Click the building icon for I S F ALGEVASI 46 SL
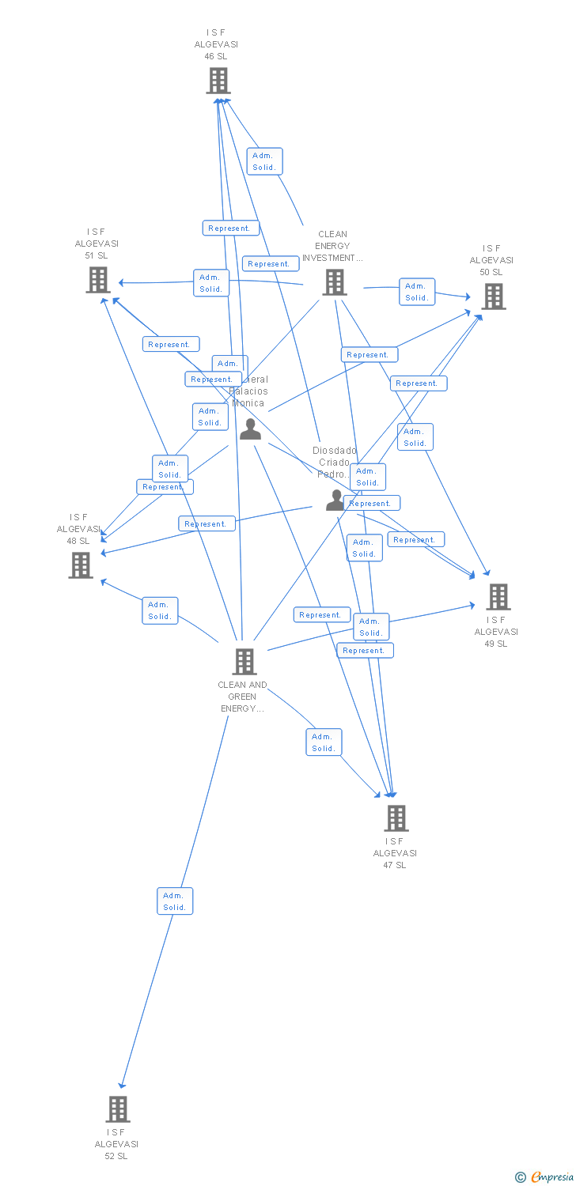pos(218,81)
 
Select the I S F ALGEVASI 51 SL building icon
pos(98,280)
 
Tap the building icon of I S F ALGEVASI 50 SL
pos(494,296)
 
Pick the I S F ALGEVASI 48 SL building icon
pos(81,565)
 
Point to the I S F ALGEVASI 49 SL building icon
pos(498,597)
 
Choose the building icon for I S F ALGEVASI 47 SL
pos(396,818)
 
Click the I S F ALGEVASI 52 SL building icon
pos(118,1109)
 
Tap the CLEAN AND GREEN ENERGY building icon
pos(244,662)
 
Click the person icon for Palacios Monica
pos(251,429)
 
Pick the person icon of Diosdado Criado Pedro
pos(335,500)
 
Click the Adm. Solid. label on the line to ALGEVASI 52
pos(175,901)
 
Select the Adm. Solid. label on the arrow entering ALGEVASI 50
pos(417,292)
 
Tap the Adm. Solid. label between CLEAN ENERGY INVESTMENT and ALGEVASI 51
pos(211,283)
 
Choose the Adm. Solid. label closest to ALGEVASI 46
pos(264,161)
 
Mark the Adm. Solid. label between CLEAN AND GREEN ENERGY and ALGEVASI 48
pos(160,610)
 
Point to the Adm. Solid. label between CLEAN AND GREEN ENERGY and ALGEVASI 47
pos(324,742)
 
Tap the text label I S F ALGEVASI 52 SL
pos(116,1144)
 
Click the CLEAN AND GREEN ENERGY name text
pos(242,697)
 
